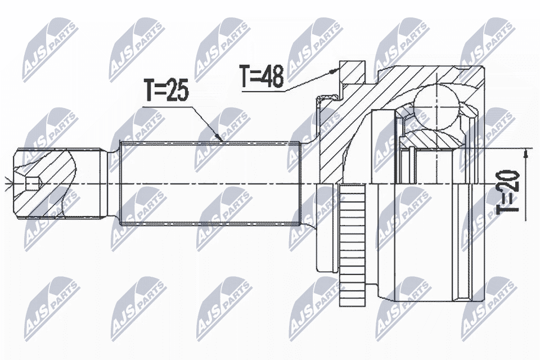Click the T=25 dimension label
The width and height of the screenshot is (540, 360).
(x=166, y=91)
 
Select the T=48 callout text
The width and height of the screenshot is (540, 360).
(x=262, y=77)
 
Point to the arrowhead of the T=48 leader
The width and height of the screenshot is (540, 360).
(x=339, y=70)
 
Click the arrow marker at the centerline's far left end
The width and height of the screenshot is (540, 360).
(x=6, y=183)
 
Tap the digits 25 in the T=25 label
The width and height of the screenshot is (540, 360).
(x=177, y=91)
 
